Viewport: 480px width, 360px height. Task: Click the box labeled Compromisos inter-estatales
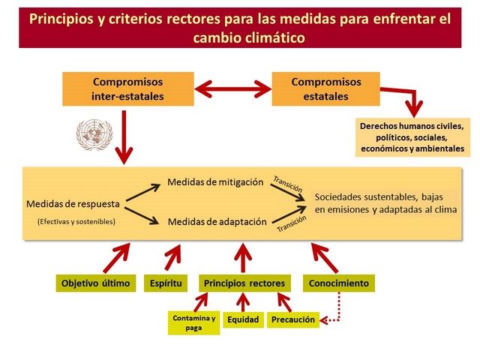click(128, 88)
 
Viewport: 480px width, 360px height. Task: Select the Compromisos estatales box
click(325, 88)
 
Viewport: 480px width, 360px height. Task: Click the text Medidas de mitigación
click(215, 182)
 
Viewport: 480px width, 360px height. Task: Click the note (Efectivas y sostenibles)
click(76, 221)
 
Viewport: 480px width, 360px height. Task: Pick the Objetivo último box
click(95, 283)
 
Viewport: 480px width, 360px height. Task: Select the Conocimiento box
click(339, 283)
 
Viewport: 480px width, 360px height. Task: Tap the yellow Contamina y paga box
click(193, 322)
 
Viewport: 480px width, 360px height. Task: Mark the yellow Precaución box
click(292, 319)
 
